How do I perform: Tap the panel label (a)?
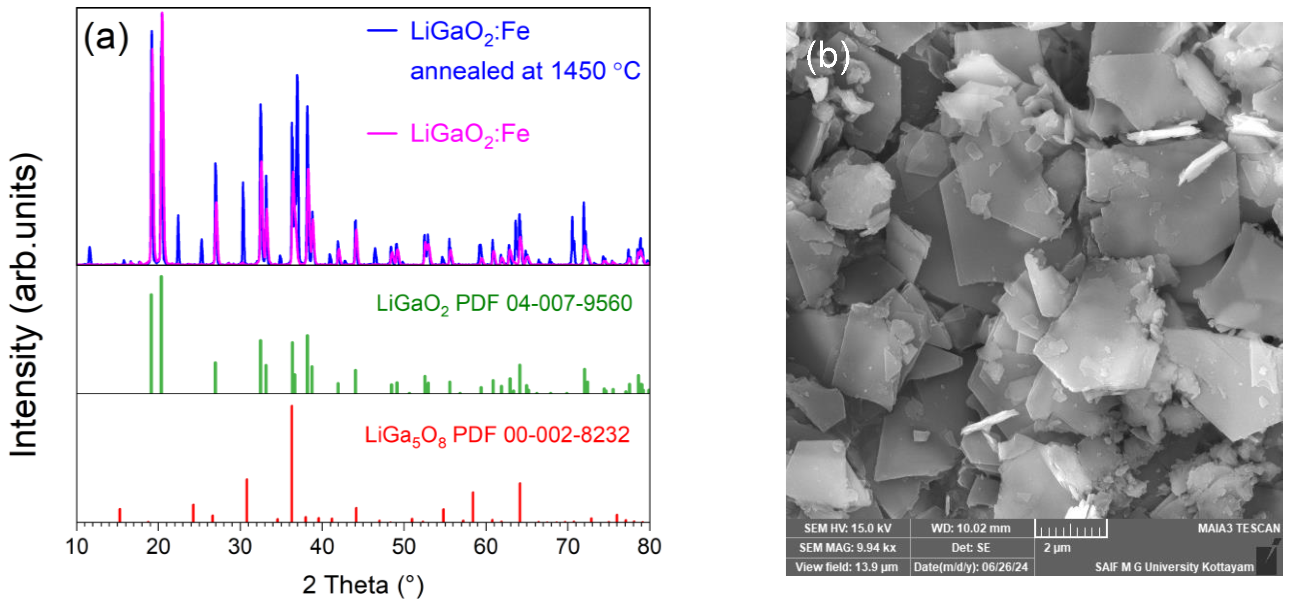pyautogui.click(x=106, y=38)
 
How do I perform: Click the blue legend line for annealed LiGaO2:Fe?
pyautogui.click(x=382, y=31)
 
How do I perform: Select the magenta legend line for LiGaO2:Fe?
pyautogui.click(x=382, y=133)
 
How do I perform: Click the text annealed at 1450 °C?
pyautogui.click(x=525, y=70)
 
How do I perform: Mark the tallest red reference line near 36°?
pyautogui.click(x=292, y=463)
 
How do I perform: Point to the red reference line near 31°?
pyautogui.click(x=246, y=500)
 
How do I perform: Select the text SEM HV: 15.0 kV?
pyautogui.click(x=848, y=528)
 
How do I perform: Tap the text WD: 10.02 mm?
pyautogui.click(x=971, y=528)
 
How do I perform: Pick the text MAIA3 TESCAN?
pyautogui.click(x=1238, y=528)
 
